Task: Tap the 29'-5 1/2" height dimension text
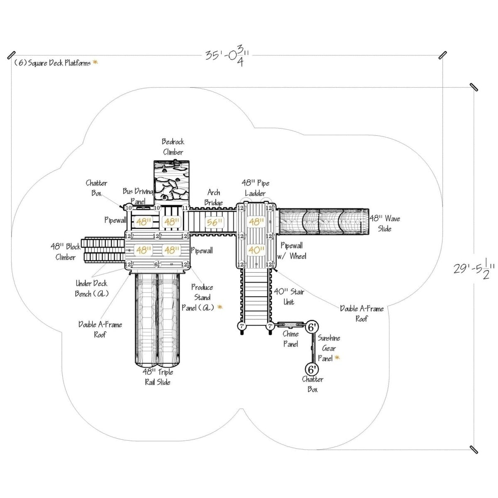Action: (x=473, y=270)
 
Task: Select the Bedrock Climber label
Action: (x=173, y=147)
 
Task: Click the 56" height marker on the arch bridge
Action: (x=215, y=222)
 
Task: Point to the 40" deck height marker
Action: (x=256, y=250)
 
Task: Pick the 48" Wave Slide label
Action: (x=385, y=223)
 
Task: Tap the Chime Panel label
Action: (x=290, y=339)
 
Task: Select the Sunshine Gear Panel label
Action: (x=328, y=349)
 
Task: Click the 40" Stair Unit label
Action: (x=289, y=297)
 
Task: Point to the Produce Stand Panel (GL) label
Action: (x=202, y=297)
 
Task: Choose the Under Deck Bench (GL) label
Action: (x=91, y=288)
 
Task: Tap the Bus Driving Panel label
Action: (x=139, y=195)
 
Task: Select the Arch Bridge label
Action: (x=214, y=197)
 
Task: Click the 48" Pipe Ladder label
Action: (x=255, y=188)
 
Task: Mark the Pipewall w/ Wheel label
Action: (x=293, y=251)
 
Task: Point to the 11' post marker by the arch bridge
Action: (x=186, y=207)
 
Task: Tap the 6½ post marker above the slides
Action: (x=157, y=264)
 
